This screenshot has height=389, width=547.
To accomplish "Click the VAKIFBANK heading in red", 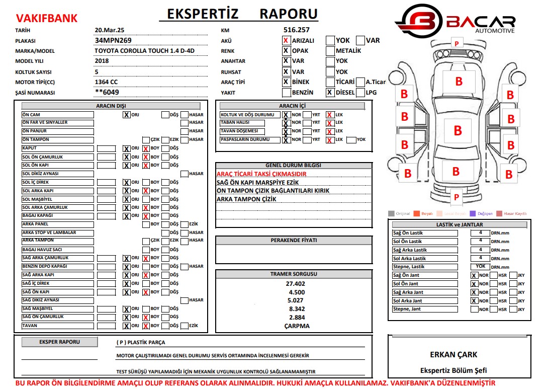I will click(47, 19).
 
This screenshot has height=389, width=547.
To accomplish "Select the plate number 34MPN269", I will click(113, 40).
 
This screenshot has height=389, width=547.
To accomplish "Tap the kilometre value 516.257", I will click(297, 30).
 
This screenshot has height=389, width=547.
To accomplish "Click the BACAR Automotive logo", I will click(455, 21).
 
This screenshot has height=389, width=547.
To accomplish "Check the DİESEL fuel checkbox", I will click(330, 92).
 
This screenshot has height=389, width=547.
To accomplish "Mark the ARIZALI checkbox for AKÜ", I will click(286, 40).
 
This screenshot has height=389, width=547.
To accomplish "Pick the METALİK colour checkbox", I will click(330, 51).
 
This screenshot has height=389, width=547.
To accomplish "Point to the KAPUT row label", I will click(30, 148).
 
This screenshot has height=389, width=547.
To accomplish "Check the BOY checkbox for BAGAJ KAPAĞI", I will click(146, 216).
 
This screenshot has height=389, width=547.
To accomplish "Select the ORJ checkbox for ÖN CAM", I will click(126, 115).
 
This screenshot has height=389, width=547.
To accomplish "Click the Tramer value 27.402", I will click(296, 284).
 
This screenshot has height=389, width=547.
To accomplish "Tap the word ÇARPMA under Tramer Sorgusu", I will click(297, 326).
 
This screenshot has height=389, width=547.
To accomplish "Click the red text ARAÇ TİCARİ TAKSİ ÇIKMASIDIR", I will click(261, 174).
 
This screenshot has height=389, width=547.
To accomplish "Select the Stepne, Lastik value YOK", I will click(481, 267).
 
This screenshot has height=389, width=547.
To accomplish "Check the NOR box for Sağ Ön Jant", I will click(474, 276).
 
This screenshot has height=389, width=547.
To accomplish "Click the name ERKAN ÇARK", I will click(453, 354).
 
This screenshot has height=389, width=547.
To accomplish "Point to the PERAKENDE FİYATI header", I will click(294, 241).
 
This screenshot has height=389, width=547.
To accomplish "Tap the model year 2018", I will click(102, 61).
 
